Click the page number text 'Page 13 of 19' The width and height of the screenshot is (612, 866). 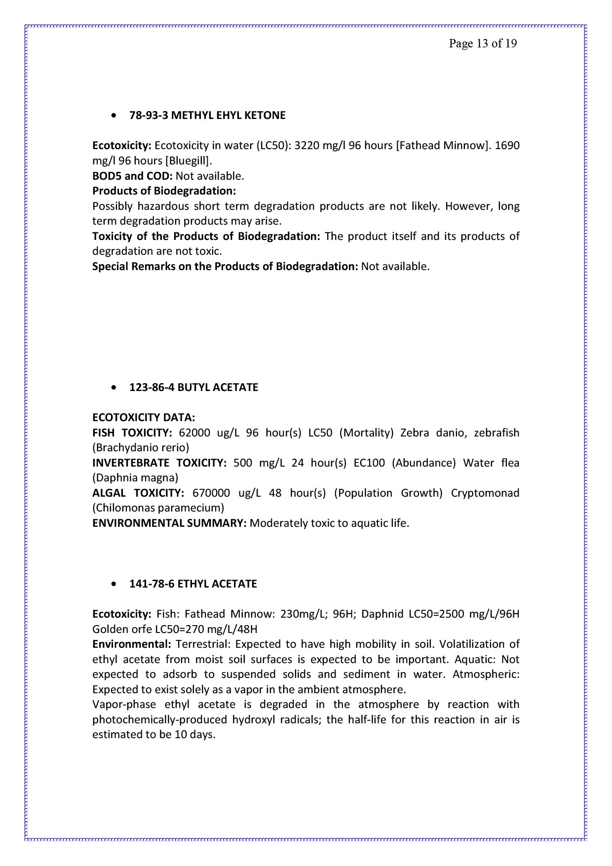pos(483,43)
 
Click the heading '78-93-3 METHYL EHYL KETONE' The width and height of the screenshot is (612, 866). pos(207,116)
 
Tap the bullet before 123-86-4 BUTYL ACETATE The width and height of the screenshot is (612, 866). pos(115,388)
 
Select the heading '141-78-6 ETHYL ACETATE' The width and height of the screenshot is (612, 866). pos(193,584)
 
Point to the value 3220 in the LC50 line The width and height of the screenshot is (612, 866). pos(306,146)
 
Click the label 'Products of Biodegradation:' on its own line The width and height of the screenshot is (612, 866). pos(164,191)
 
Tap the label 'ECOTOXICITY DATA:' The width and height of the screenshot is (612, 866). pos(144,418)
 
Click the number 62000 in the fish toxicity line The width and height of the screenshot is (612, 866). pos(194,433)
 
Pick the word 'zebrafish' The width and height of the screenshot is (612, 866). pos(497,433)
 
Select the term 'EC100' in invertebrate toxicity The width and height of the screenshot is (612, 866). pos(369,463)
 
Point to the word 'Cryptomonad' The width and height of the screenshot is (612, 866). pos(485,493)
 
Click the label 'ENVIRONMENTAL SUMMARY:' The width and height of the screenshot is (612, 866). pos(169,523)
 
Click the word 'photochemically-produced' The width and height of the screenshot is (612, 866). pos(160,720)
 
